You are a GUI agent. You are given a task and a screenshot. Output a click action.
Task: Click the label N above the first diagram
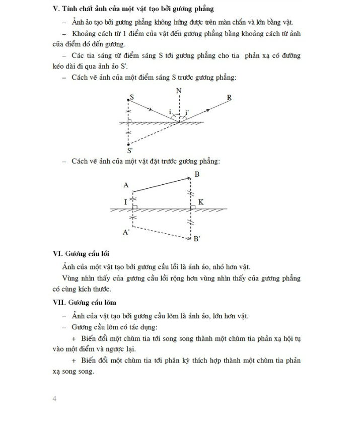pyautogui.click(x=179, y=91)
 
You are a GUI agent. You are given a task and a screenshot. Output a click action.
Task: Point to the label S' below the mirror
pyautogui.click(x=130, y=150)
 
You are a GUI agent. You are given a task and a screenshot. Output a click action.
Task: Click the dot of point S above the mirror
pyautogui.click(x=128, y=100)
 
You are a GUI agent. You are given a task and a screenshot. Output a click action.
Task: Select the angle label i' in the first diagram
pyautogui.click(x=187, y=112)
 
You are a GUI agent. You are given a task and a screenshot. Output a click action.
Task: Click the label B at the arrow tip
pyautogui.click(x=197, y=174)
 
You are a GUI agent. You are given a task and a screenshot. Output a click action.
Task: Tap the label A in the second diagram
pyautogui.click(x=126, y=185)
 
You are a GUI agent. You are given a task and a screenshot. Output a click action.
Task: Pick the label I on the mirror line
pyautogui.click(x=125, y=202)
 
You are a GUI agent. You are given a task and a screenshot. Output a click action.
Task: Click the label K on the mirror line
pyautogui.click(x=200, y=202)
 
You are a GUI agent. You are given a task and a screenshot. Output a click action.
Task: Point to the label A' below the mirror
pyautogui.click(x=126, y=232)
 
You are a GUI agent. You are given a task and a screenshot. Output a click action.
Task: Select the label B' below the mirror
pyautogui.click(x=197, y=240)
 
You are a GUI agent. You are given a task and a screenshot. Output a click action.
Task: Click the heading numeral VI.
pyautogui.click(x=57, y=253)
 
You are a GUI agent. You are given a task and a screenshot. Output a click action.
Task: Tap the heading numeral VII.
pyautogui.click(x=59, y=303)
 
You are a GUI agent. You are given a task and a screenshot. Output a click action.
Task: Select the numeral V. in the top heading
pyautogui.click(x=56, y=9)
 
